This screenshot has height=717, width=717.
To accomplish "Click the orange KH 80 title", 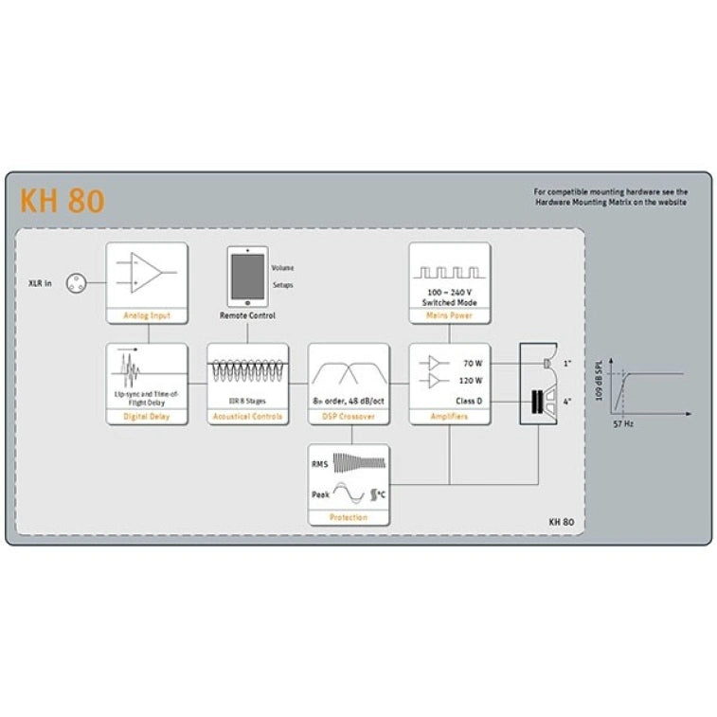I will point(62,202).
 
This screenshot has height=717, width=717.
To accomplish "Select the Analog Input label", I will point(147,315).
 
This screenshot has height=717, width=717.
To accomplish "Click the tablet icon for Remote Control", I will point(247,276).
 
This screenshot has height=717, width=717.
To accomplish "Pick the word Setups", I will point(283,284).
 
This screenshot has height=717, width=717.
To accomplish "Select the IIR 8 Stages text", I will point(247,401).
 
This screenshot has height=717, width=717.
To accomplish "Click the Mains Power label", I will point(449,315).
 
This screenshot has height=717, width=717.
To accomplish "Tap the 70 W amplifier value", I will point(473,363).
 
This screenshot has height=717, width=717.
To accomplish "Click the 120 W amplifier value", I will point(471,381).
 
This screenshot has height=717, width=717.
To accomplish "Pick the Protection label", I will point(349,518).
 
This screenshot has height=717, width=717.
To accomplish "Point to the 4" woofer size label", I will point(568,401).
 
